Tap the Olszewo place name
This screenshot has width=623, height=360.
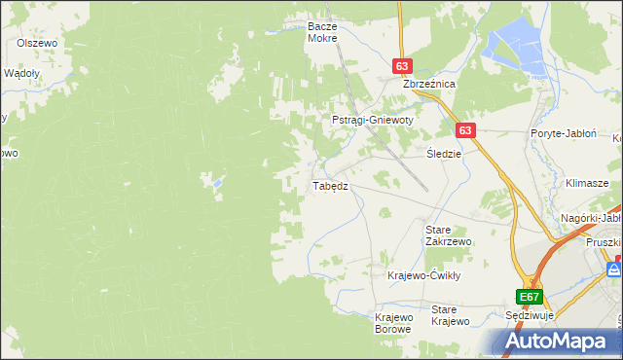(38, 44)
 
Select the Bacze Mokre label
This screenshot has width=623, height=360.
(321, 32)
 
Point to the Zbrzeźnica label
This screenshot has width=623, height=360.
(429, 85)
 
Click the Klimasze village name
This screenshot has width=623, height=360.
(587, 183)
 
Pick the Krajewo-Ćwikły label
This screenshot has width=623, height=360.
(422, 275)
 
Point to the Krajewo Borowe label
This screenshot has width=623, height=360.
(394, 322)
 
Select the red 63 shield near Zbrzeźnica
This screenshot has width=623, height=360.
(403, 65)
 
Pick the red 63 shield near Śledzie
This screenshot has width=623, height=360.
(465, 129)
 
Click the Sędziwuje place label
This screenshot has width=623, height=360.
(530, 316)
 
